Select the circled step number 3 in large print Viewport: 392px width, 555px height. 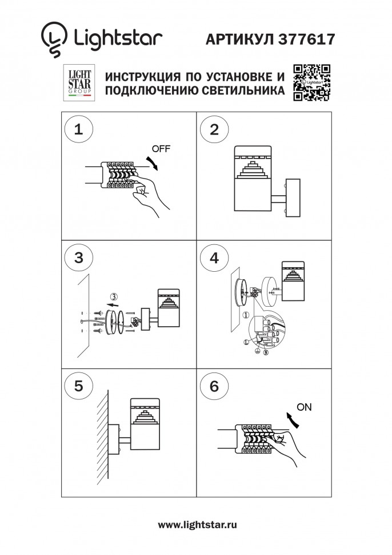79,257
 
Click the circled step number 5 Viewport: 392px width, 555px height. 79,386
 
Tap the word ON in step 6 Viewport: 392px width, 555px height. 305,407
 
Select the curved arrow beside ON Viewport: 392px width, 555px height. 293,422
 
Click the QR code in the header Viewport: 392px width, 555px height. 312,83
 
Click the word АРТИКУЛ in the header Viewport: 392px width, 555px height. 239,38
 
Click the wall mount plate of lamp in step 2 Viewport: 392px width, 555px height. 292,197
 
